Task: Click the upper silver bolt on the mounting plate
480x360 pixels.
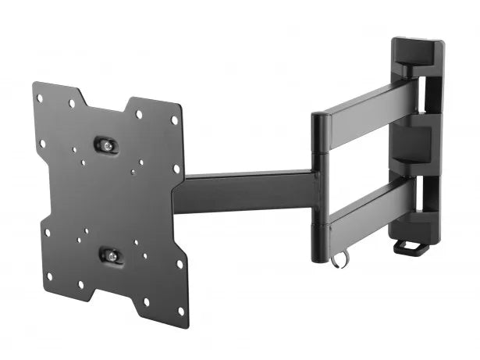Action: [x=107, y=144]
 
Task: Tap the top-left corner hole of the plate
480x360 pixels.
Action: [x=41, y=97]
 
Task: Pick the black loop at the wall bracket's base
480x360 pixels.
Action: [x=411, y=248]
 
